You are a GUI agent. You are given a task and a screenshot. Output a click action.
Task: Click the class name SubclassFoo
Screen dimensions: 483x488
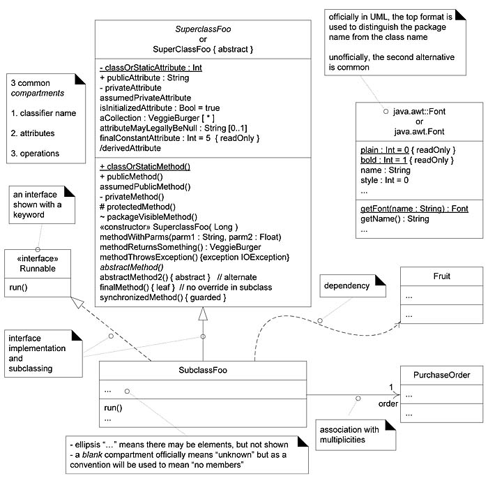click(203, 370)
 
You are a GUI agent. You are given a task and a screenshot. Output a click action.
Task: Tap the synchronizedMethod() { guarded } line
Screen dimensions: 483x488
click(163, 297)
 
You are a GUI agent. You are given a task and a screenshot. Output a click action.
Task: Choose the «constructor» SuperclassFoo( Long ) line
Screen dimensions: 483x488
click(169, 226)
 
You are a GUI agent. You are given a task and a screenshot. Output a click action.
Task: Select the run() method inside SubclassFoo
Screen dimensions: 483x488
click(112, 408)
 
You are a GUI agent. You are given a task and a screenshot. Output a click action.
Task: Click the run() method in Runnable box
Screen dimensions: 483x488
click(19, 287)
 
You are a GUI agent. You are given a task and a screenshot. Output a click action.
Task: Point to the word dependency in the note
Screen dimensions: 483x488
click(345, 285)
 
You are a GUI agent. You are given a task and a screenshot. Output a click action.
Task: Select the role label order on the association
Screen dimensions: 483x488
click(388, 403)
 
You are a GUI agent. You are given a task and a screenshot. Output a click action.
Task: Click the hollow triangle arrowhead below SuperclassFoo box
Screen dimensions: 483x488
click(203, 315)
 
